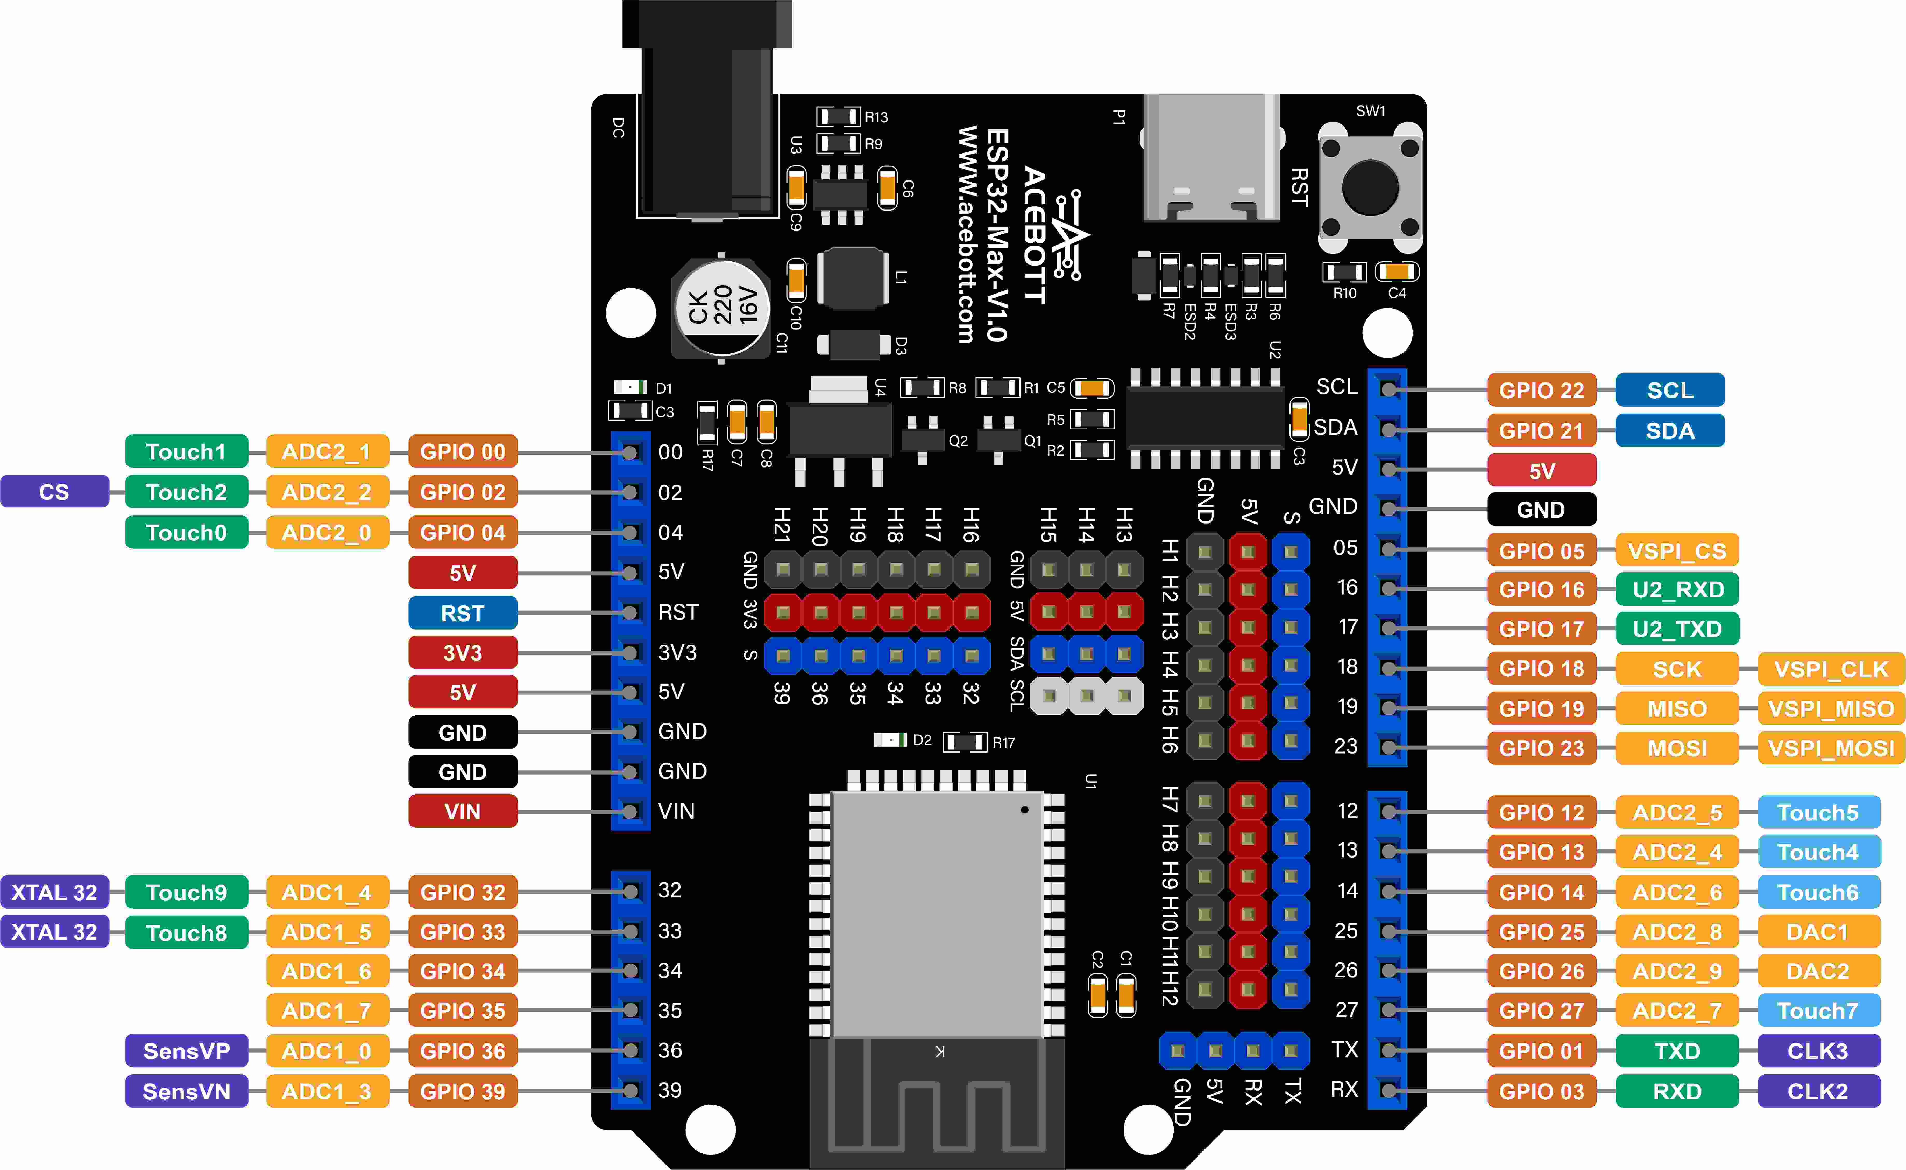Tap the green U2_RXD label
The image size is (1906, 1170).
(x=1677, y=590)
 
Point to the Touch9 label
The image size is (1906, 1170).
(x=186, y=892)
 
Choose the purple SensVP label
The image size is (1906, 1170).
(x=186, y=1051)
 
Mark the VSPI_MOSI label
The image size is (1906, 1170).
(x=1830, y=748)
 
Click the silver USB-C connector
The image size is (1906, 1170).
(x=1211, y=159)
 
